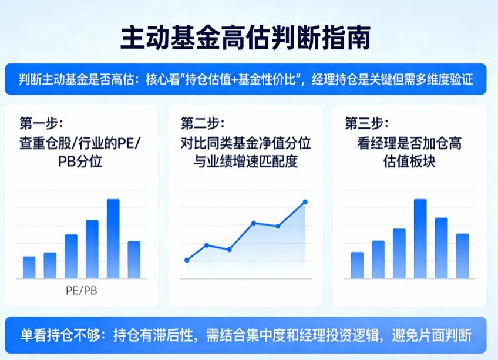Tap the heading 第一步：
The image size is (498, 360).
pos(41,124)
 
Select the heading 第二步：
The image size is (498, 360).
pos(203,124)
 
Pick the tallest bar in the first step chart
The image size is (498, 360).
pos(113,238)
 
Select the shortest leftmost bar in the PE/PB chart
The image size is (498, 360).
pos(29,267)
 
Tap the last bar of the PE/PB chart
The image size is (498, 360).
pos(134,260)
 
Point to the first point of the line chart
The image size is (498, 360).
pos(187,260)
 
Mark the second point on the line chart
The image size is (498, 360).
pos(207,245)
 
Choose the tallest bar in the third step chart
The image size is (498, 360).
pos(420,238)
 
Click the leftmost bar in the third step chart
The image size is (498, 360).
pos(357,265)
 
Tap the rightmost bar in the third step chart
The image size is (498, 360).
pos(462,255)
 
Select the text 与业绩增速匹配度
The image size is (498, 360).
pos(245,161)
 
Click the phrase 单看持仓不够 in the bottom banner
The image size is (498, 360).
pos(52,336)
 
